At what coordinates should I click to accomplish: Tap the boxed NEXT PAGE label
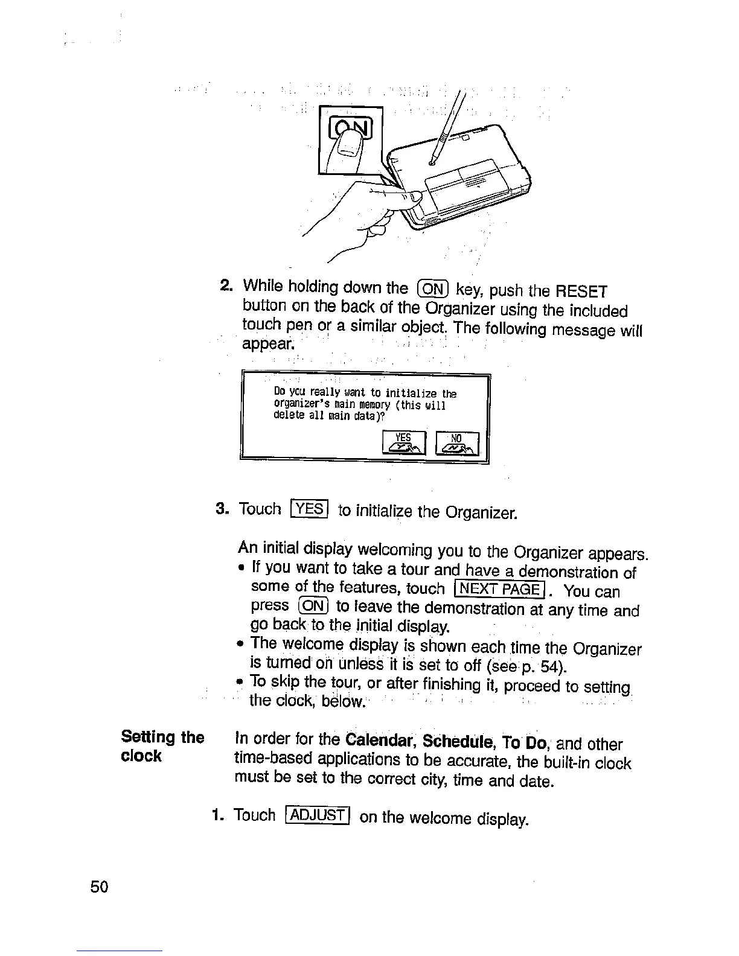(500, 588)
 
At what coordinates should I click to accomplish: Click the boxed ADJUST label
(318, 816)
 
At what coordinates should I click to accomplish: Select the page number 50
(99, 887)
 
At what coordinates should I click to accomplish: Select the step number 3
(221, 509)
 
